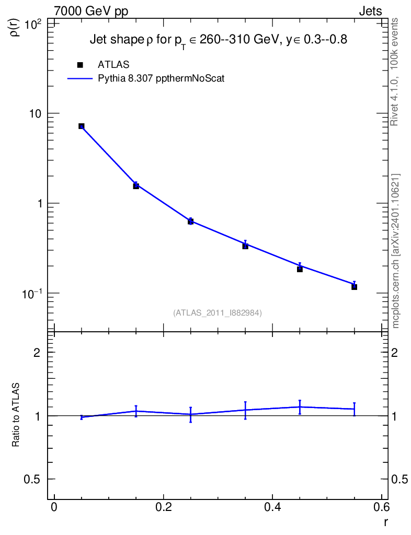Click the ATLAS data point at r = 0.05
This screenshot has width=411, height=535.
point(82,126)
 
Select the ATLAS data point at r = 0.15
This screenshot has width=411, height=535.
point(136,185)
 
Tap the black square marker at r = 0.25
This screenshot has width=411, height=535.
point(190,222)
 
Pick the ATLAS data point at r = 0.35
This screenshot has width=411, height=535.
point(245,246)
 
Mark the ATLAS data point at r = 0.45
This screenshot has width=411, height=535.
point(300,269)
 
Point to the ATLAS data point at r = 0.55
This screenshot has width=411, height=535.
point(354,287)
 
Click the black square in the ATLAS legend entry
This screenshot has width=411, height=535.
point(80,65)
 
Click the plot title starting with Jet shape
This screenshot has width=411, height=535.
point(218,40)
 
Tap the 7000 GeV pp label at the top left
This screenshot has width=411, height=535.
point(92,11)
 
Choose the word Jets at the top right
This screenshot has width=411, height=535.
point(370,11)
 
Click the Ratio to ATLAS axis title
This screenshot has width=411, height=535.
point(16,415)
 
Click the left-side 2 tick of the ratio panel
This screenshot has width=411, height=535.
point(37,353)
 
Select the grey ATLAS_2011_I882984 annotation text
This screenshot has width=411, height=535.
point(218,313)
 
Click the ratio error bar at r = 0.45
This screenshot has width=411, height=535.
point(300,407)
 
